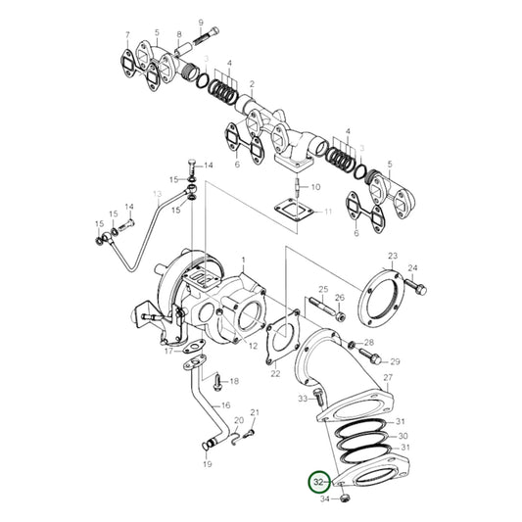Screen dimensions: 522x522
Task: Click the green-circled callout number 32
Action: pos(318,482)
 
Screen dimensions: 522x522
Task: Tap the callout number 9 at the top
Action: pos(201,22)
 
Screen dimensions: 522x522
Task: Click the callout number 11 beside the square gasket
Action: pos(328,213)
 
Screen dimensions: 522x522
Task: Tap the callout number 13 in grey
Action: pos(156,195)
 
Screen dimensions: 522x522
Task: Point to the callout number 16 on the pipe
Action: pos(225,404)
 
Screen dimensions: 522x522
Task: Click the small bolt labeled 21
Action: pos(249,431)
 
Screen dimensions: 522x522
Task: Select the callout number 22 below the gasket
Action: pos(275,373)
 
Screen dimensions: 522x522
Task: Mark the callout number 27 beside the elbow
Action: pos(388,377)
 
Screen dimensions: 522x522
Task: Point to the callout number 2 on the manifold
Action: pos(252,84)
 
